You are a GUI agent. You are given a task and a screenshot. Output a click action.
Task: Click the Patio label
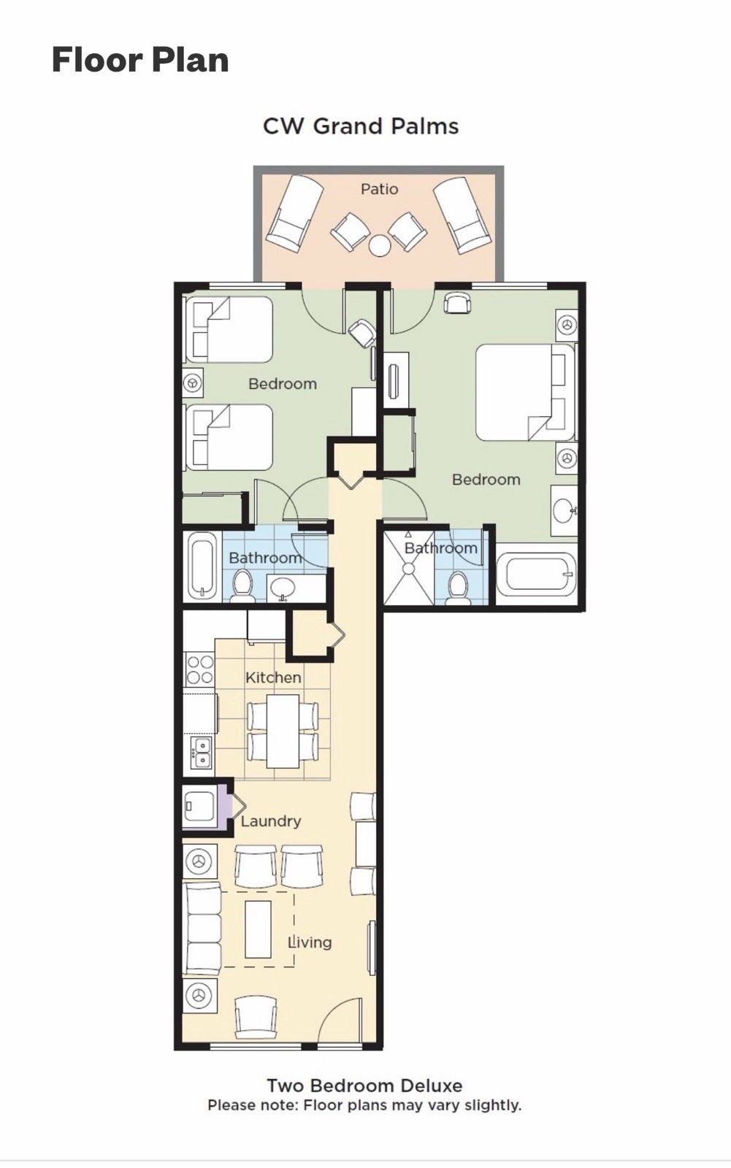click(379, 189)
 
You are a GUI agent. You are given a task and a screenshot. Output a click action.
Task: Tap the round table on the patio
click(379, 245)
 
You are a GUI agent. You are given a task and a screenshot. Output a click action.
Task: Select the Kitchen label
click(273, 677)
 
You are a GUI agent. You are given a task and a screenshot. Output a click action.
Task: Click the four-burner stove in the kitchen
click(200, 669)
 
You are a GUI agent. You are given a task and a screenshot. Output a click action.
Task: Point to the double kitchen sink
click(201, 753)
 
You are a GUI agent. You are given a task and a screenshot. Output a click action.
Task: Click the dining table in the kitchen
click(283, 731)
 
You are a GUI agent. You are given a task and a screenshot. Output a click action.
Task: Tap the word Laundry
click(271, 821)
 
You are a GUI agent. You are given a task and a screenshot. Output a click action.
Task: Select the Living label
click(310, 942)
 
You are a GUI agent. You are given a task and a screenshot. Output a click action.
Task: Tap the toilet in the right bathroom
click(459, 588)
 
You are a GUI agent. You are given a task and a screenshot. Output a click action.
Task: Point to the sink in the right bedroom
click(564, 510)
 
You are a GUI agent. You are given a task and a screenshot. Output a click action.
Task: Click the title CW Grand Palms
click(361, 126)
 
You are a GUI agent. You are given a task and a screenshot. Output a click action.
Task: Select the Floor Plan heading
click(140, 59)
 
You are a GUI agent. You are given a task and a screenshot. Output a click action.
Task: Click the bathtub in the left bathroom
click(202, 566)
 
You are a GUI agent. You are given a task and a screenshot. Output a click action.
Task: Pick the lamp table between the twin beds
click(193, 383)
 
